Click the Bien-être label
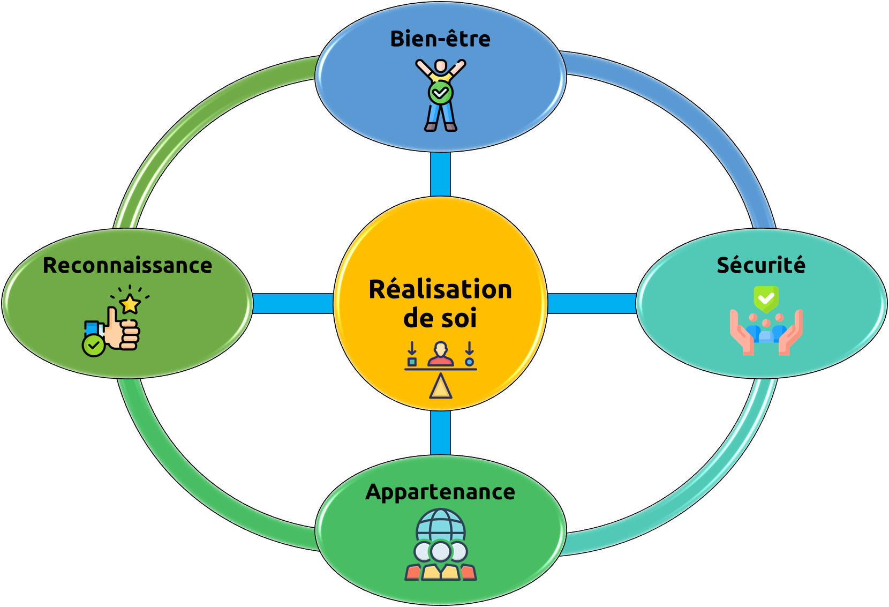440,39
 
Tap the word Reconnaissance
127,266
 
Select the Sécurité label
761,265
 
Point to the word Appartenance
440,492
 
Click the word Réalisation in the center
440,290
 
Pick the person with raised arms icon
441,95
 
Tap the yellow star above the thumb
130,304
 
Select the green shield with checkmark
766,298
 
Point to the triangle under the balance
441,387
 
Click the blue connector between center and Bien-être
440,174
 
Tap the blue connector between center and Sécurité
592,303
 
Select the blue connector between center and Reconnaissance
293,303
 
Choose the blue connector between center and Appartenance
440,433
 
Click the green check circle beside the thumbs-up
93,346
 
